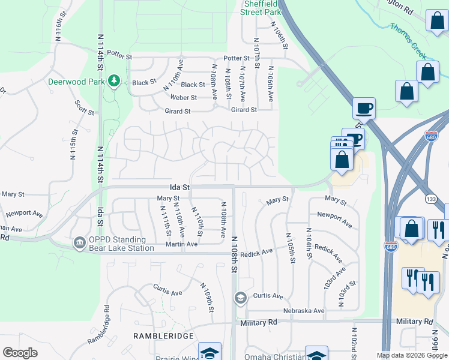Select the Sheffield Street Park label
pos(262,7)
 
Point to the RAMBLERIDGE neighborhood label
pos(162,337)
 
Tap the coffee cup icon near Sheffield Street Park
pos(363,109)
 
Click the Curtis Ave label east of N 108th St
pos(268,296)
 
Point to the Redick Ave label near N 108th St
pos(256,254)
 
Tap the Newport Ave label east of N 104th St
pos(334,219)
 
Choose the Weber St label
pos(184,97)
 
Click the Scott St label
pos(85,107)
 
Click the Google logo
pos(20,353)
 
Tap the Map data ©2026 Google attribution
pos(412,355)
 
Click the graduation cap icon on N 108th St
pos(240,298)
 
